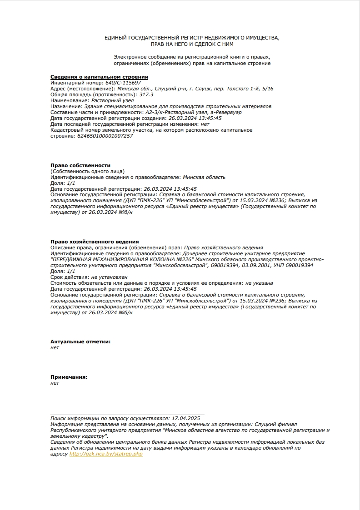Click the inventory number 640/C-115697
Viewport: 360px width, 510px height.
[123, 83]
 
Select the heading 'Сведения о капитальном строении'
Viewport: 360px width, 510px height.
[99, 77]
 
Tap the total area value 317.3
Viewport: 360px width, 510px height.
[146, 94]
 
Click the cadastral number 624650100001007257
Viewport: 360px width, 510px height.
[105, 136]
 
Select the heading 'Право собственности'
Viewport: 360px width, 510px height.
[80, 165]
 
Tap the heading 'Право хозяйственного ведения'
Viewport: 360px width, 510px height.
[95, 241]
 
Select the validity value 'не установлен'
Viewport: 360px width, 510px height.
[109, 277]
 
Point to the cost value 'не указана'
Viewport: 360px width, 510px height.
[259, 282]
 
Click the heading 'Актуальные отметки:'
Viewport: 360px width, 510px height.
[80, 342]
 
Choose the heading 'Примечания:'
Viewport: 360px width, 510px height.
[69, 377]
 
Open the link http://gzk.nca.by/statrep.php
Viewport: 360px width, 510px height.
[106, 454]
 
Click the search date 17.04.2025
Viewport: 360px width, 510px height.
[185, 418]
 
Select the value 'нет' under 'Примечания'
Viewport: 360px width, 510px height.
[55, 383]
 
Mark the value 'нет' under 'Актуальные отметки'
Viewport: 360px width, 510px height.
[55, 347]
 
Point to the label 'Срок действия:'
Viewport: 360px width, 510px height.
[70, 277]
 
